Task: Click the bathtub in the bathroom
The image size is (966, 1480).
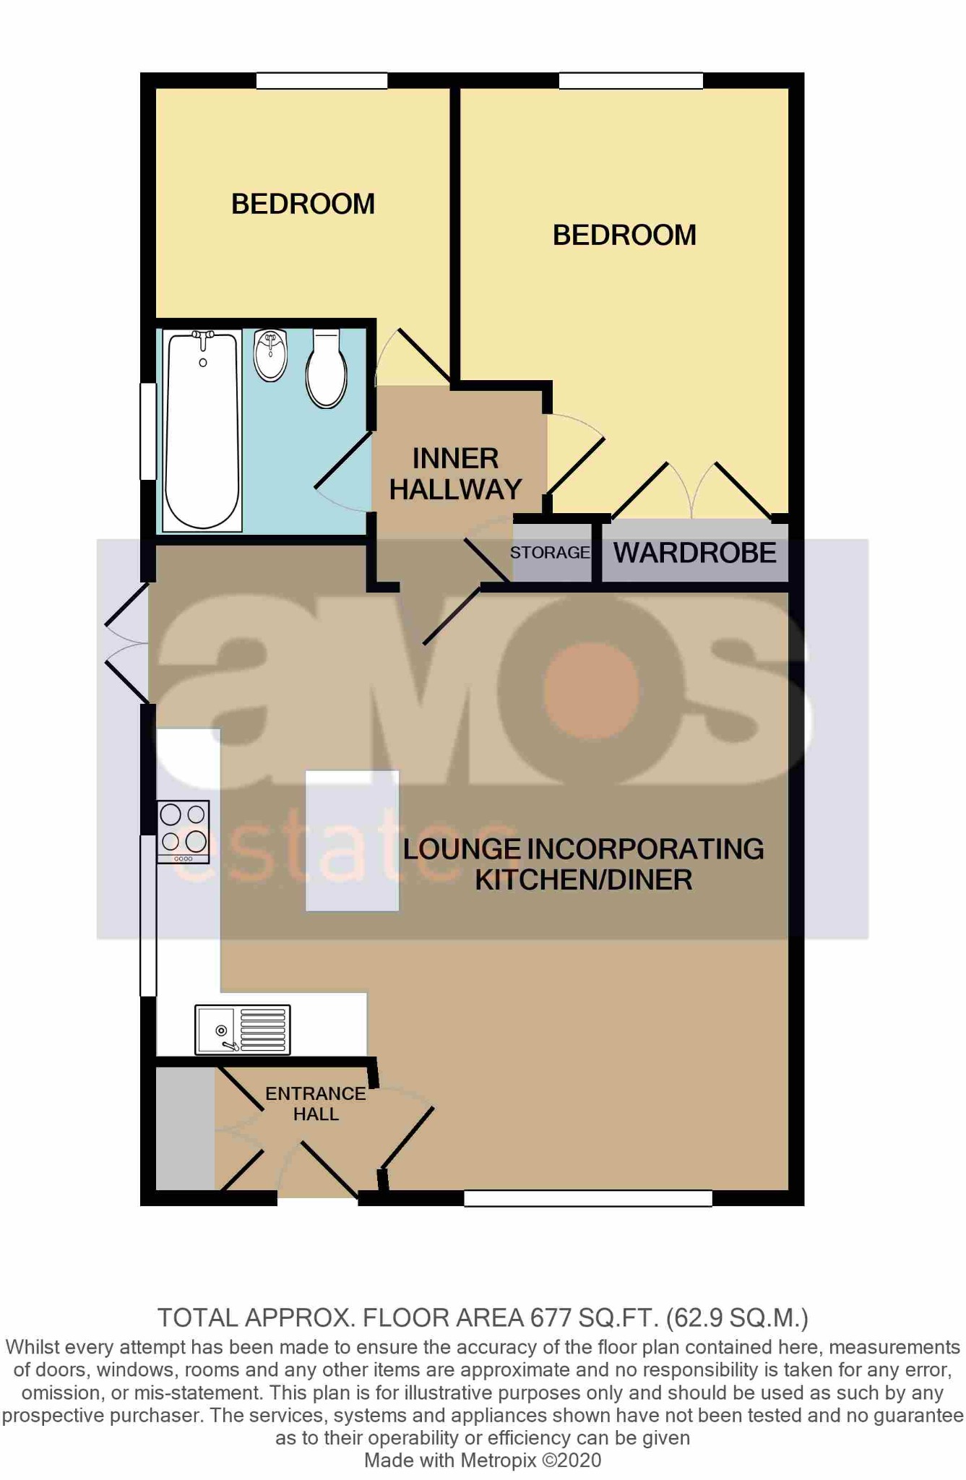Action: pyautogui.click(x=202, y=431)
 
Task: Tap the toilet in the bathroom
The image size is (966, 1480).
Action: pyautogui.click(x=327, y=369)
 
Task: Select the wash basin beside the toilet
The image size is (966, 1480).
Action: pyautogui.click(x=271, y=355)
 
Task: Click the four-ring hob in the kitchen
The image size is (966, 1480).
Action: pyautogui.click(x=184, y=832)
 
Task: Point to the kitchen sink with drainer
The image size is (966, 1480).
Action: pyautogui.click(x=243, y=1029)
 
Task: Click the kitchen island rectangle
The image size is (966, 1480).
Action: pyautogui.click(x=353, y=840)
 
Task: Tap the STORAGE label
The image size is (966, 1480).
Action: pyautogui.click(x=550, y=553)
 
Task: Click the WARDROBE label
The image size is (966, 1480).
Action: pyautogui.click(x=695, y=553)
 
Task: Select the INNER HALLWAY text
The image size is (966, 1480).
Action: pyautogui.click(x=455, y=474)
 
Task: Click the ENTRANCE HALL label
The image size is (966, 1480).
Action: pyautogui.click(x=316, y=1103)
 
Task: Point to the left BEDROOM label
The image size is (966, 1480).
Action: pyautogui.click(x=303, y=204)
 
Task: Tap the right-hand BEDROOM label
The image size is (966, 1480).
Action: pyautogui.click(x=624, y=235)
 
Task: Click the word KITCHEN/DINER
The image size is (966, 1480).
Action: pyautogui.click(x=584, y=880)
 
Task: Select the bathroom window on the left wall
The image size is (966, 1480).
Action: pyautogui.click(x=148, y=431)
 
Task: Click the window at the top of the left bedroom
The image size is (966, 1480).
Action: pyautogui.click(x=322, y=80)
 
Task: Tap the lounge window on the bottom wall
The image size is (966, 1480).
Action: pyautogui.click(x=588, y=1197)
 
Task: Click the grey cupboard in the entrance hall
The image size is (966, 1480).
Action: pyautogui.click(x=186, y=1128)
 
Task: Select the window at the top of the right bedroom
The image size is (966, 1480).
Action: pyautogui.click(x=631, y=80)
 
